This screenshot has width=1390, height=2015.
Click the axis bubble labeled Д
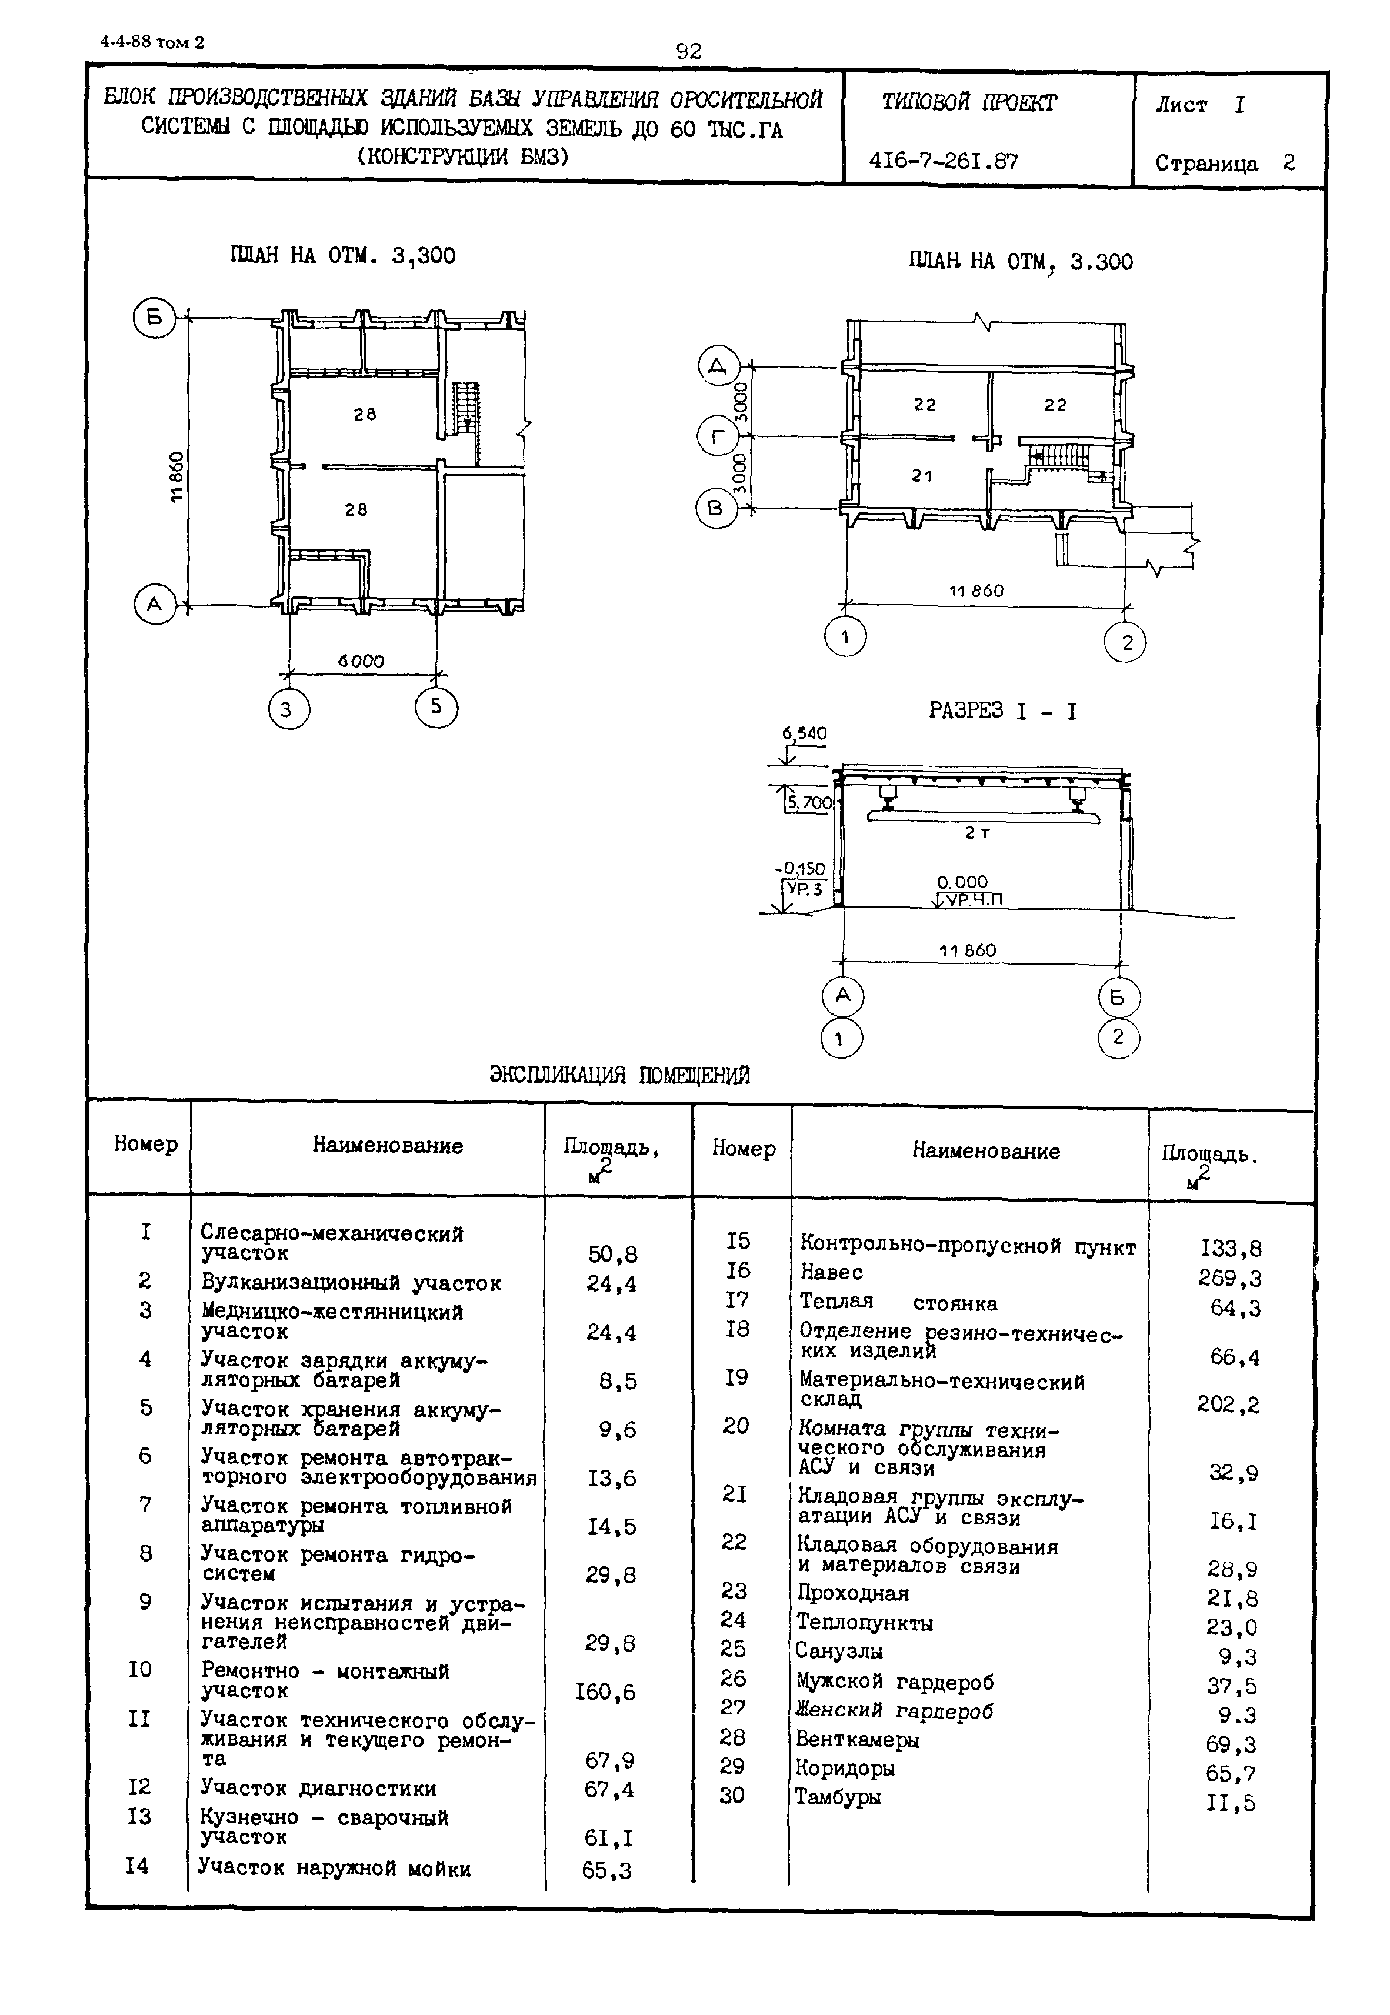[x=718, y=366]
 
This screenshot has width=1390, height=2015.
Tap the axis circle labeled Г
[x=718, y=437]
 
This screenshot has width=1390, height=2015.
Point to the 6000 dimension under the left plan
[x=361, y=661]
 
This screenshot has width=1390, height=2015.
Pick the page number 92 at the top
[x=688, y=51]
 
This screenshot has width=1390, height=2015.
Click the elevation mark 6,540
[x=804, y=734]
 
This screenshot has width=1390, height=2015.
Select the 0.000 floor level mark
[x=962, y=882]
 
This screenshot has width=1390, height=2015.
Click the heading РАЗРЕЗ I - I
[x=1002, y=712]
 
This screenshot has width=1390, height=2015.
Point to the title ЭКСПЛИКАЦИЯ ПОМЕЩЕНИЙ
[x=619, y=1075]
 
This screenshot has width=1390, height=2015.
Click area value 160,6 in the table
[x=605, y=1692]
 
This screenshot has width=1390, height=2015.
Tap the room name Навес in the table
[x=832, y=1272]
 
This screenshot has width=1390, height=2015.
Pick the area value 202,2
[x=1228, y=1405]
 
